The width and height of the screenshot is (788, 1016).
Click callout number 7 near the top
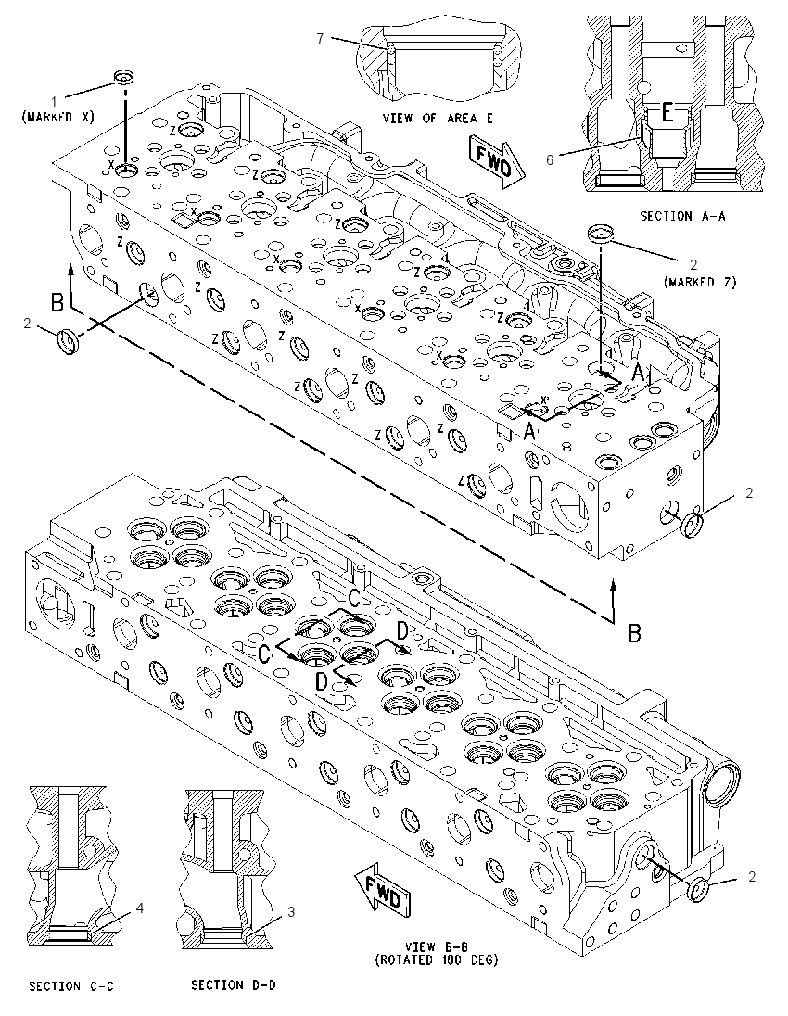pos(320,38)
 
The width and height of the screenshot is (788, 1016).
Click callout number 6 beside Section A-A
pos(550,159)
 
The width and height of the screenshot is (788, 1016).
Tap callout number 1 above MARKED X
pos(55,101)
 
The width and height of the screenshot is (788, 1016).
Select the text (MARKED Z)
pos(700,282)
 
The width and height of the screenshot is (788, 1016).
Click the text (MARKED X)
pos(57,117)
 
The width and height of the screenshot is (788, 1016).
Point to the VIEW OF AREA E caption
pos(438,118)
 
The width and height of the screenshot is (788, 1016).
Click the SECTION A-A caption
pos(682,216)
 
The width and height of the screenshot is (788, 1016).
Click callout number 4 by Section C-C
pos(139,908)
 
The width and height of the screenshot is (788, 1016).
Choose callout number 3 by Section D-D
pos(291,911)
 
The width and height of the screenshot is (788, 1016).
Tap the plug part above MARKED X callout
pos(123,77)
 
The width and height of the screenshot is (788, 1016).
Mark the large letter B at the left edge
pos(57,302)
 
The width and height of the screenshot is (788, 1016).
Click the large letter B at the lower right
pos(635,632)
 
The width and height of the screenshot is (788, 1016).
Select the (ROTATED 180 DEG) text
pos(437,960)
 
